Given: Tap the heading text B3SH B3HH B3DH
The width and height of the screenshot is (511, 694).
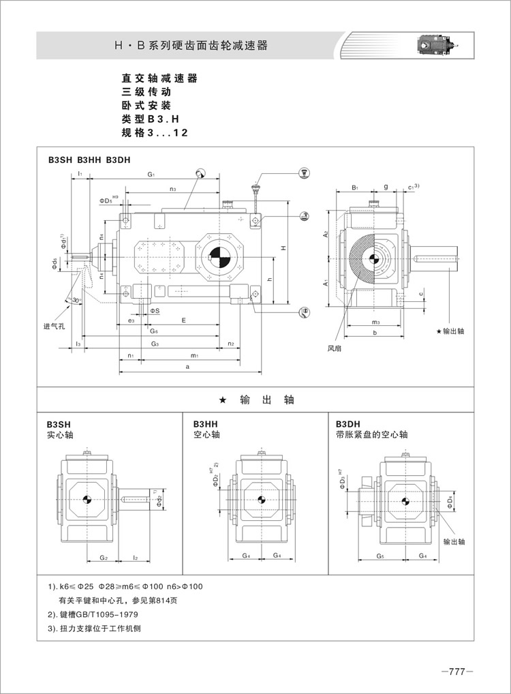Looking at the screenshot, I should tap(89, 160).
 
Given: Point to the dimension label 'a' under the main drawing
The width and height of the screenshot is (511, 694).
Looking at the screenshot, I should tap(187, 367).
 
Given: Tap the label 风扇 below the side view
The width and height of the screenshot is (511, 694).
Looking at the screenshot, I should tap(334, 348).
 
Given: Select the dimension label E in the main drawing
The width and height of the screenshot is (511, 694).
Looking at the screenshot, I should tap(183, 320).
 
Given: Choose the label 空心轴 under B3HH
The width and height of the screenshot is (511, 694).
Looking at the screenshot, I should tap(206, 434).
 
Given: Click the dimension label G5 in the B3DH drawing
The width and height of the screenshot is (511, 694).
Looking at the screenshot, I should tap(380, 557).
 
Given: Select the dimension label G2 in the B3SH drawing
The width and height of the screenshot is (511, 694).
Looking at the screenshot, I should tap(104, 557).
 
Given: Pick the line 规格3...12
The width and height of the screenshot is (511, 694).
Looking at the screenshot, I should tap(154, 133).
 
